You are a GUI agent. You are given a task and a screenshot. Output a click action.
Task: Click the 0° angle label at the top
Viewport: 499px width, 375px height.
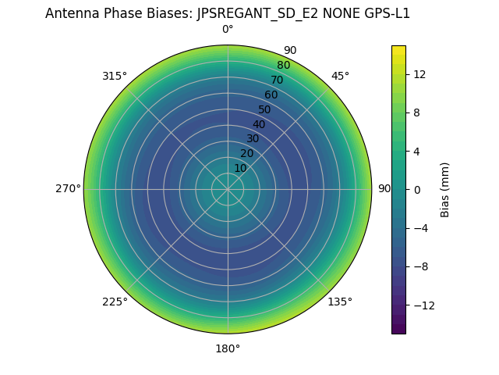(x=228, y=30)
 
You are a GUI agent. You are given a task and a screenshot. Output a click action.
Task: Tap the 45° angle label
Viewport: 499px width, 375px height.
(x=340, y=76)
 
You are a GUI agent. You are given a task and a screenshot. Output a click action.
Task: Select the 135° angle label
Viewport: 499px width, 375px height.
(x=340, y=302)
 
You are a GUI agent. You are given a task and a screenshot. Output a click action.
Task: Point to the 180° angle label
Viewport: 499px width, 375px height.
(x=228, y=348)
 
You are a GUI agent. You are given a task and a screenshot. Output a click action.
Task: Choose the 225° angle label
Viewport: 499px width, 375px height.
(x=115, y=302)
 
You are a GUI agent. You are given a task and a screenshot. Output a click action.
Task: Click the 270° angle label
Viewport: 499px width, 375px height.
(x=69, y=188)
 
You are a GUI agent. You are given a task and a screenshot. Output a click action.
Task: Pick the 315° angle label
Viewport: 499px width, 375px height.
(x=115, y=76)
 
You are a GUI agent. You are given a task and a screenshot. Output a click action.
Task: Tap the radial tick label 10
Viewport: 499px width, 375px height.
(x=240, y=168)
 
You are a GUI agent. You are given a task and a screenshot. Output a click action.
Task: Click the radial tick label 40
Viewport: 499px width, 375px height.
(x=259, y=124)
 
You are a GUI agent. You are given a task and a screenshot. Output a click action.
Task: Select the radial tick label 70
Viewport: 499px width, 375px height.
(x=277, y=80)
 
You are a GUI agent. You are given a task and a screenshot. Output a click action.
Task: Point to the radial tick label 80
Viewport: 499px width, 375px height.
(x=283, y=65)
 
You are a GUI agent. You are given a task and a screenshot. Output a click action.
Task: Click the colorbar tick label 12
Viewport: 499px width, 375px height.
(x=418, y=74)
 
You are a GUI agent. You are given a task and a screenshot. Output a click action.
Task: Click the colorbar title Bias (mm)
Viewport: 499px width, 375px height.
(x=445, y=189)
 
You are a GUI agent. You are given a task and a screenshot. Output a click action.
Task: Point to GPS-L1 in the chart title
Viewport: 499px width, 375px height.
(x=384, y=13)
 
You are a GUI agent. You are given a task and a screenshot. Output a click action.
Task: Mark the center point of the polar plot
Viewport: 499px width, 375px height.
(x=228, y=189)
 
